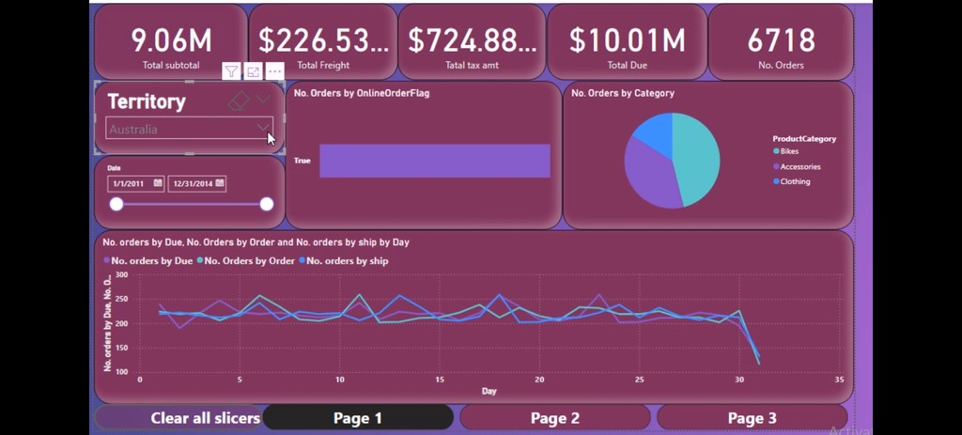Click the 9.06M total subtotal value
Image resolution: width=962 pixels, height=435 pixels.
tap(171, 40)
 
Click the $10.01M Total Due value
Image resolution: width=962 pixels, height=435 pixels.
tap(628, 40)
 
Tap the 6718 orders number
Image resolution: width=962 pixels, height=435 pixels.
tap(781, 40)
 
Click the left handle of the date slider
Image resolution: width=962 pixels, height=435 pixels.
tap(116, 204)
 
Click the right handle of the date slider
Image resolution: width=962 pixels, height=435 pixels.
tap(267, 204)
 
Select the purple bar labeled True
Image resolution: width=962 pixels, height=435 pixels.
tap(434, 161)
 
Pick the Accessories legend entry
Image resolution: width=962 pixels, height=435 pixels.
tap(799, 166)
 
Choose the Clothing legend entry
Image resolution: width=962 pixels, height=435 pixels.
tap(794, 181)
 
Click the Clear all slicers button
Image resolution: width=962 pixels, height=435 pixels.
tap(205, 418)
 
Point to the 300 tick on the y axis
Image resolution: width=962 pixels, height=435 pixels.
tap(121, 275)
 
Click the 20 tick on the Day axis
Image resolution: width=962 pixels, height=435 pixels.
tap(539, 380)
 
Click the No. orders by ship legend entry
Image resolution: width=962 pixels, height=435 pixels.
tap(347, 260)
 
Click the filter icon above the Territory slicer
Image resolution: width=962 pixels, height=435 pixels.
tap(231, 71)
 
